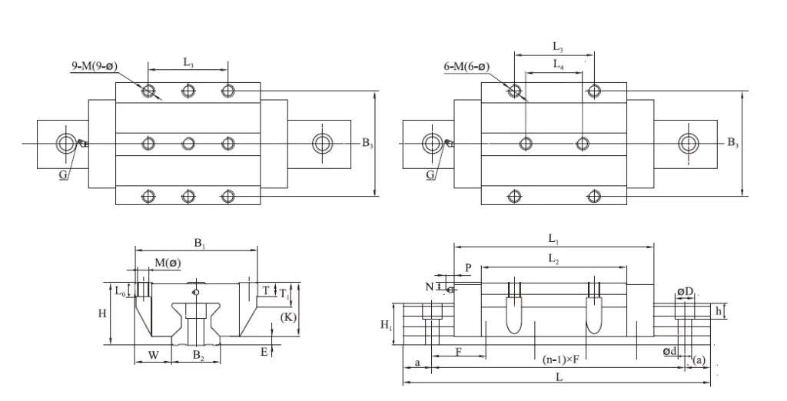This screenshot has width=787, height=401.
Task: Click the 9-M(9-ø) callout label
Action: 95,67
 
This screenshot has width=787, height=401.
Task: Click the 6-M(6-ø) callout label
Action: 467,67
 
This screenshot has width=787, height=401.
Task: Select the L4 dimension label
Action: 558,65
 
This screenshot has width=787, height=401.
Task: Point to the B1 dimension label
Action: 199,243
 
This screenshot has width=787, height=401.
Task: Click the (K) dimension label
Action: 288,316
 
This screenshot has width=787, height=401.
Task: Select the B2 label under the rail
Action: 198,355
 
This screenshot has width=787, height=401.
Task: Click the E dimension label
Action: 264,351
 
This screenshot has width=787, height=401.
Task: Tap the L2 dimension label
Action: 553,260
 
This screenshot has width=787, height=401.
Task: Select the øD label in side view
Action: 685,291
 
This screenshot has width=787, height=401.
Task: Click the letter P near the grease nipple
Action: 468,267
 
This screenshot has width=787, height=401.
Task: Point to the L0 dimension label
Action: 120,291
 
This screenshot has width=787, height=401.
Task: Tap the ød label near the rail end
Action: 669,352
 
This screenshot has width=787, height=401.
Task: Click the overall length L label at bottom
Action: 559,377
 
